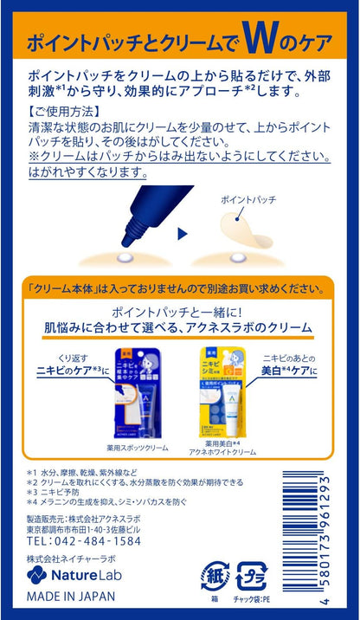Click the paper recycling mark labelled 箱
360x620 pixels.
[215, 577]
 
